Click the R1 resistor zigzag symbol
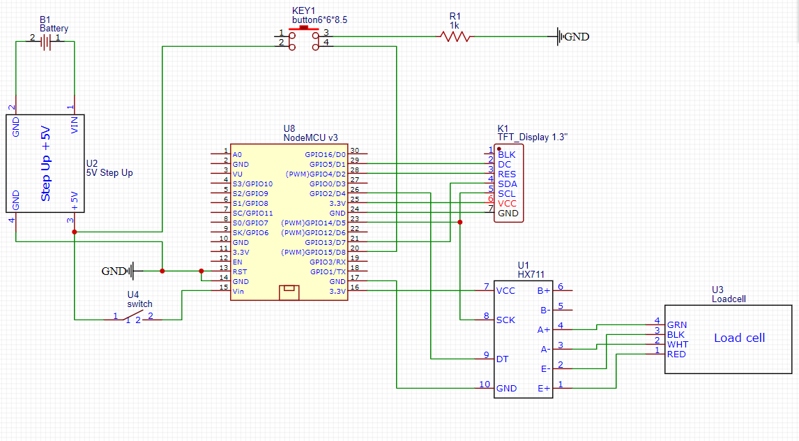click(x=455, y=36)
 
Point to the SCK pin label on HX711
click(x=505, y=320)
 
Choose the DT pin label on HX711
click(x=502, y=359)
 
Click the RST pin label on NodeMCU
click(x=239, y=271)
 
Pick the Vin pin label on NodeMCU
click(x=238, y=291)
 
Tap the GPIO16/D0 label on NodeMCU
click(x=325, y=154)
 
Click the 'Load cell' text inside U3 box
click(x=739, y=338)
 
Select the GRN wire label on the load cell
click(x=676, y=325)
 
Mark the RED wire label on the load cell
click(x=676, y=354)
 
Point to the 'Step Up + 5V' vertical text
click(x=46, y=163)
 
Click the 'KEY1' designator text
click(x=303, y=12)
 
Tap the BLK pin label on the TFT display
click(x=507, y=154)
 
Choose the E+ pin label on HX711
click(x=543, y=387)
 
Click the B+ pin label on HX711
click(x=543, y=290)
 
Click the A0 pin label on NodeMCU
click(x=237, y=154)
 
